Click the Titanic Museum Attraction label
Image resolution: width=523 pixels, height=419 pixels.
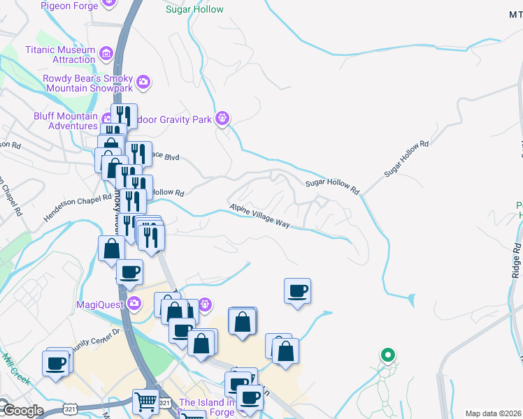point(59,54)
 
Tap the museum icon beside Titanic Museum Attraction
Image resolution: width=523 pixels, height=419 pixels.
point(106,53)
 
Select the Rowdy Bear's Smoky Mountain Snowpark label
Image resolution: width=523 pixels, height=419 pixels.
point(87,83)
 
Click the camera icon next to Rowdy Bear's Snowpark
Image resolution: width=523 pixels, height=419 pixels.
point(143,83)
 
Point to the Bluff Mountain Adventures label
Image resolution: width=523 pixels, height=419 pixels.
point(66,121)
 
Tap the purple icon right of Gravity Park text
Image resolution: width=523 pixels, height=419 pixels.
point(222,118)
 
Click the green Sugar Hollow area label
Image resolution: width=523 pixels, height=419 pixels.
point(194,10)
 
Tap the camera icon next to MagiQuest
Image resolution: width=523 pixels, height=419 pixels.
point(134,304)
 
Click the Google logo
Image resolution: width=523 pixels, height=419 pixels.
point(22,411)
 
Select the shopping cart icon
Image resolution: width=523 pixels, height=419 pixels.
point(145,401)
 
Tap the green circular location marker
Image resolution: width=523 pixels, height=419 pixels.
point(387,355)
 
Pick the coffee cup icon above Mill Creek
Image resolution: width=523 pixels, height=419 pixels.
point(56,362)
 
